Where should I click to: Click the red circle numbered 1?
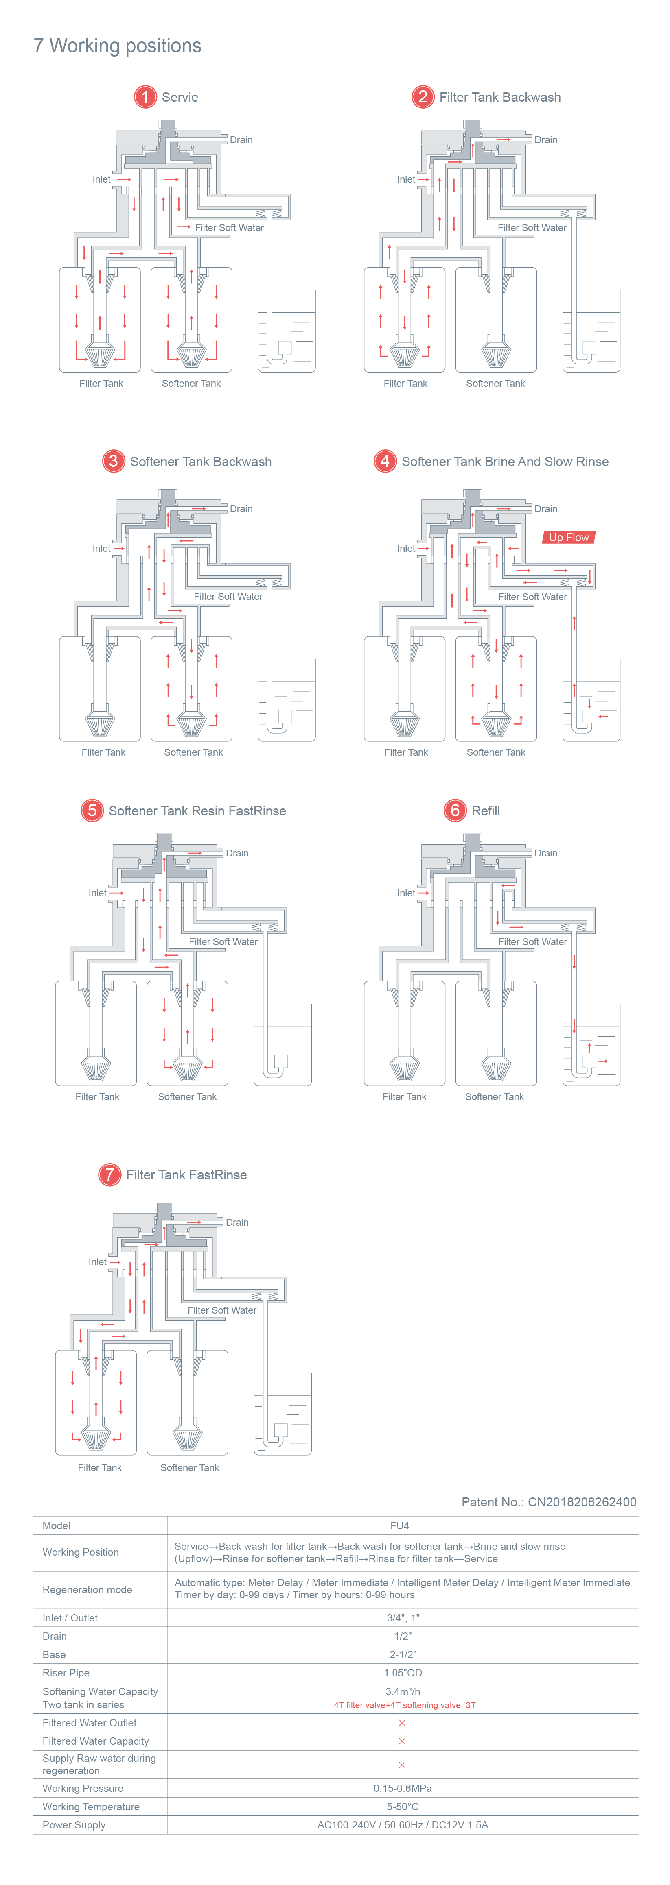click(145, 97)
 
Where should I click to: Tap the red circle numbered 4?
click(384, 461)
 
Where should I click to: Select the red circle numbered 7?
click(109, 1175)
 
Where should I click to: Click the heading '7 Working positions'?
click(117, 46)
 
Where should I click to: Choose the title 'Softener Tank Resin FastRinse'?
click(197, 811)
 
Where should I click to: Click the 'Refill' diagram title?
click(486, 811)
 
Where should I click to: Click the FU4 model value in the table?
click(400, 1526)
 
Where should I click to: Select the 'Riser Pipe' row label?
click(66, 1673)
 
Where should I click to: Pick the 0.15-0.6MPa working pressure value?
click(402, 1788)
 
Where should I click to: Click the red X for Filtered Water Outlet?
click(402, 1723)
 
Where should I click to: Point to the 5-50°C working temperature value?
click(402, 1807)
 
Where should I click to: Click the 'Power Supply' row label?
click(74, 1825)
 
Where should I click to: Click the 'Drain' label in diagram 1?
click(241, 140)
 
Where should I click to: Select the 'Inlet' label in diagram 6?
click(406, 893)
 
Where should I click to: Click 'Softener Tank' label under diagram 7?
click(190, 1467)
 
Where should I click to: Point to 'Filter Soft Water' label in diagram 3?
click(228, 596)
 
